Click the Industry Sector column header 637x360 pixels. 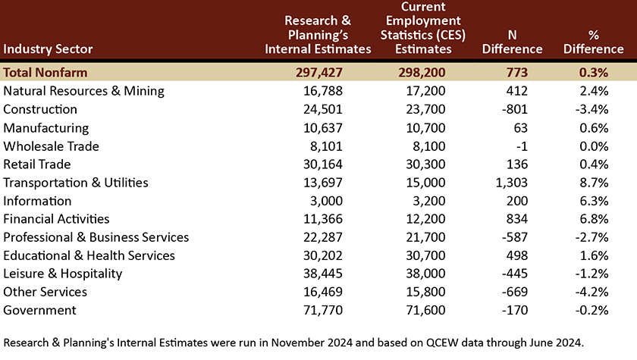(x=48, y=49)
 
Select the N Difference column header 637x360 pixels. (x=513, y=42)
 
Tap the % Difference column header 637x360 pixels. (x=593, y=42)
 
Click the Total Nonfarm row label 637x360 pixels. (x=45, y=72)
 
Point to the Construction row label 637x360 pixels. (x=39, y=109)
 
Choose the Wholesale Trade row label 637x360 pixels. (x=52, y=146)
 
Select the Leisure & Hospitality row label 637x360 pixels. (x=62, y=274)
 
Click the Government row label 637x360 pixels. (x=39, y=310)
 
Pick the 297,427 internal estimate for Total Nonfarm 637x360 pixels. (x=319, y=72)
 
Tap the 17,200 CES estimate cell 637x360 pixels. (x=425, y=91)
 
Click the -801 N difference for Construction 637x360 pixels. (x=515, y=109)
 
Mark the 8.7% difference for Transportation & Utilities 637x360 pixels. (x=594, y=183)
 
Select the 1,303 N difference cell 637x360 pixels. (x=511, y=183)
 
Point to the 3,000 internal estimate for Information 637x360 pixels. (x=326, y=201)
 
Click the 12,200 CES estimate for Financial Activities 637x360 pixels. (x=425, y=219)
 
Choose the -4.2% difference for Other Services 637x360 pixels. (x=591, y=292)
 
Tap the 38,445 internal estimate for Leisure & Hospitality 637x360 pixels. (x=323, y=274)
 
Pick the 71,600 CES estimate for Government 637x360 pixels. (x=425, y=310)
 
